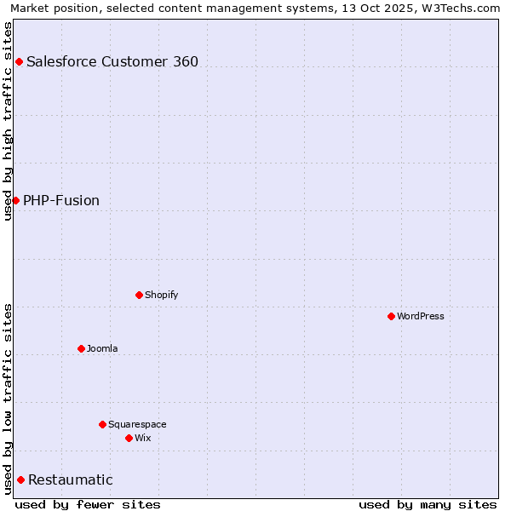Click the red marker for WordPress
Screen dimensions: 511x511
[391, 316]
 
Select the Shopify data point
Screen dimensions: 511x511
[139, 295]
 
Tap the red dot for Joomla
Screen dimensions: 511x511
[81, 348]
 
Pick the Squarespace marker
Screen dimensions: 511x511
[102, 424]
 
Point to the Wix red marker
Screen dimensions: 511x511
[129, 438]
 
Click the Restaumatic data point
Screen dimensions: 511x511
[20, 479]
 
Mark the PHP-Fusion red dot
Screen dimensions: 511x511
[15, 200]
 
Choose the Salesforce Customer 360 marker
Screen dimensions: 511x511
[19, 61]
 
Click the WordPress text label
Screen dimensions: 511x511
[421, 316]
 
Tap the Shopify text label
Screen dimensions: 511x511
[162, 295]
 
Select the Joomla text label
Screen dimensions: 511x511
[102, 348]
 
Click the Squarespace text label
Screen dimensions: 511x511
[137, 424]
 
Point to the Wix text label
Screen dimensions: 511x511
[143, 438]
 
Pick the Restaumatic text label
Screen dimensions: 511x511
[71, 479]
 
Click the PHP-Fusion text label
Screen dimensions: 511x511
[61, 200]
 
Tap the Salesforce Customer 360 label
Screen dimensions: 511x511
[112, 61]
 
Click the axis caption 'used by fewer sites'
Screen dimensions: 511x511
[88, 504]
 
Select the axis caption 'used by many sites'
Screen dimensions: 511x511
[428, 504]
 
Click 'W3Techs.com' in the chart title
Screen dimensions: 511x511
[463, 8]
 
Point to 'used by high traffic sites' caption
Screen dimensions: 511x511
[8, 121]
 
